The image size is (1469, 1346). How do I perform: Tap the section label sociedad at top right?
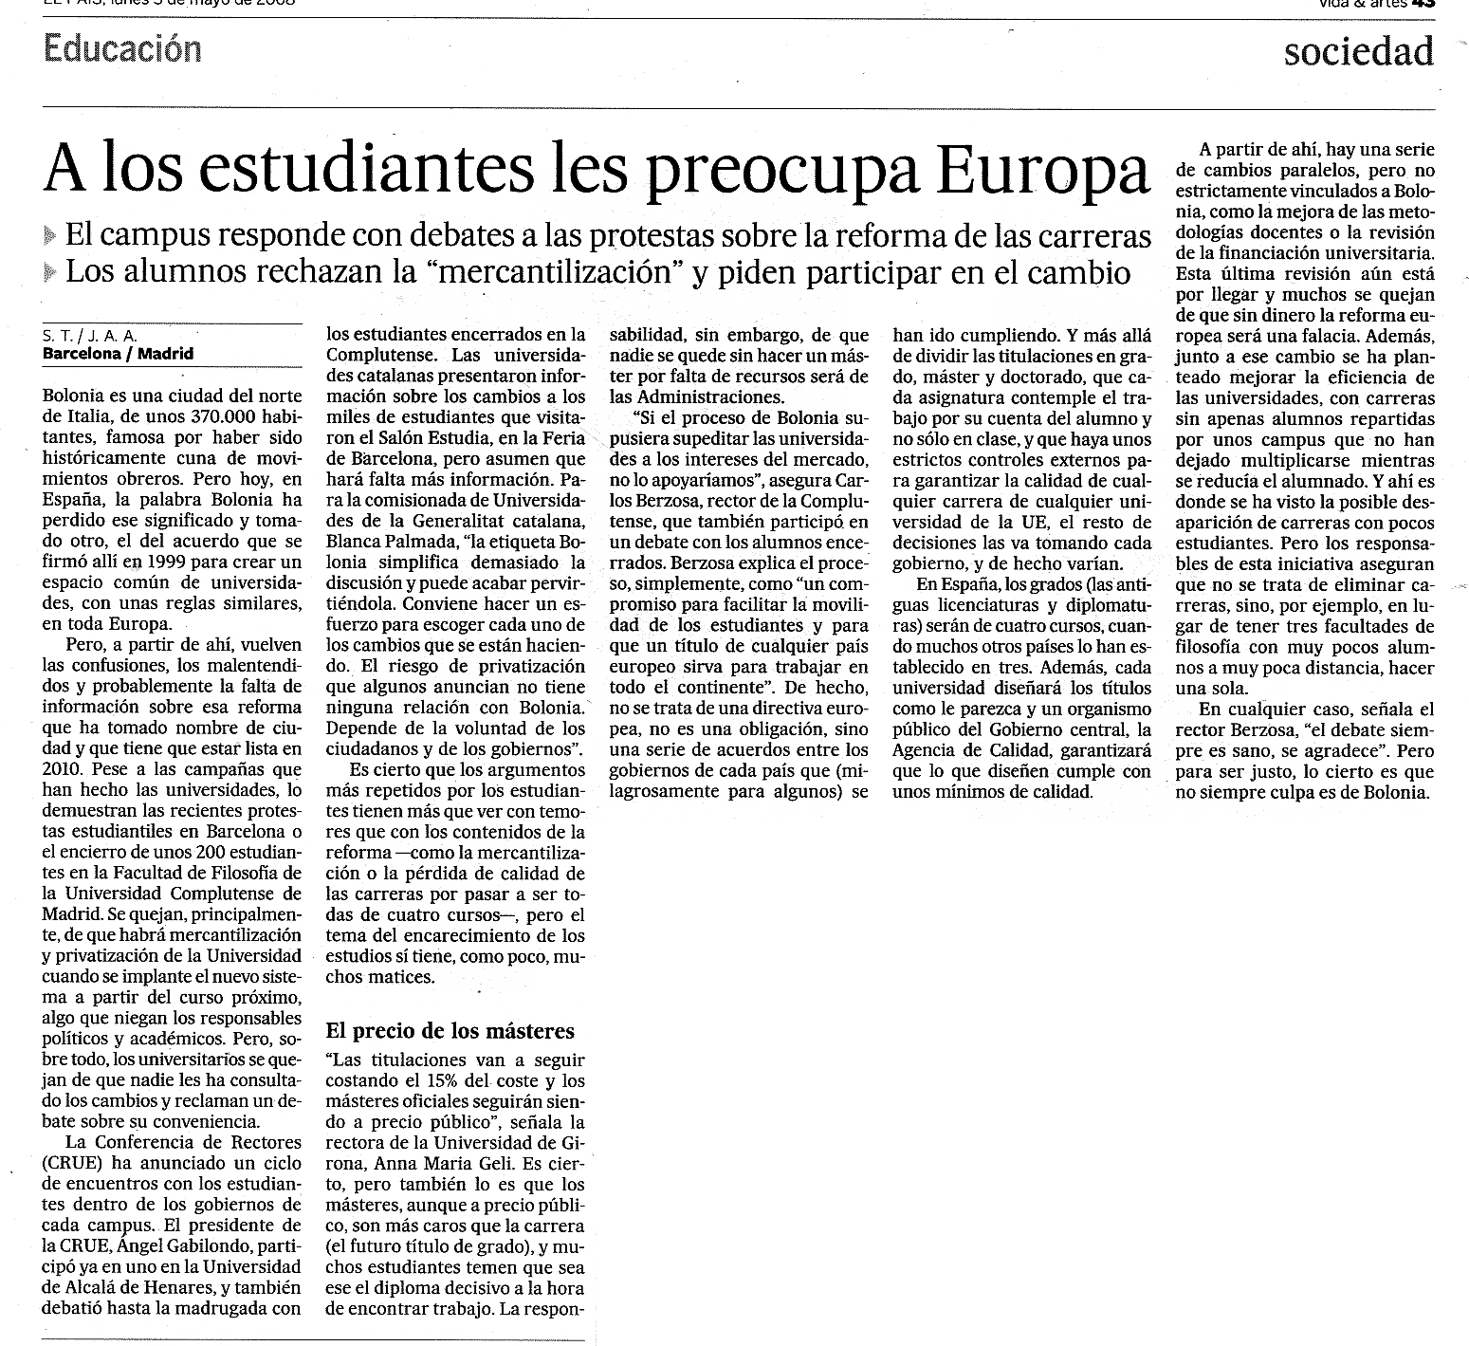[1358, 51]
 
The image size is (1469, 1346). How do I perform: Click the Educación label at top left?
[122, 47]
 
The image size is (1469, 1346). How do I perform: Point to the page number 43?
[1423, 3]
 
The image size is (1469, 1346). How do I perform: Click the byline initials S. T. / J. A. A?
[90, 335]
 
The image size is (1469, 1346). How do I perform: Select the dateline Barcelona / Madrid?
[118, 354]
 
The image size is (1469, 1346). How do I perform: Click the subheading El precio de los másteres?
[450, 1031]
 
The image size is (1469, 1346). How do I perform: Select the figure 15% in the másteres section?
[481, 1080]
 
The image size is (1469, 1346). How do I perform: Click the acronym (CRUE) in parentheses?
[67, 1163]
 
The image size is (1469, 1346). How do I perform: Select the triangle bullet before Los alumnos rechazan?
[50, 273]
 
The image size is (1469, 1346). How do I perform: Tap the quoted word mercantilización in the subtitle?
[558, 272]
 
